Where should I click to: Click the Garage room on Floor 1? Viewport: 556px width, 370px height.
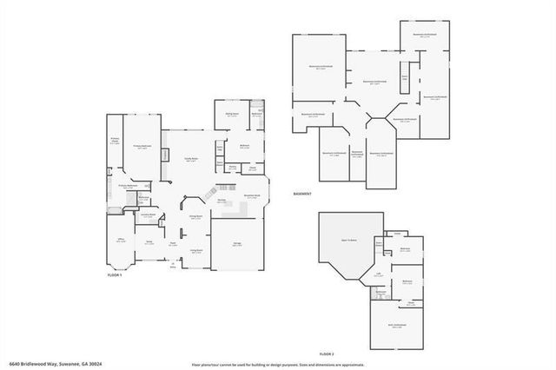pos(237,244)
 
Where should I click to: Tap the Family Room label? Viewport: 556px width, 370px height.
pos(191,160)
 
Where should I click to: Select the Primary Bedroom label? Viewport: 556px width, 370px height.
pos(142,148)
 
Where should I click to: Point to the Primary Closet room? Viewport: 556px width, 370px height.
pos(115,142)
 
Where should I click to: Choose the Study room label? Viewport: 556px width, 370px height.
pos(149,243)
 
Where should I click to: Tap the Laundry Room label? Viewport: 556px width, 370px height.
pos(148,214)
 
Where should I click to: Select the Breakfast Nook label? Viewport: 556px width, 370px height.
pos(252,196)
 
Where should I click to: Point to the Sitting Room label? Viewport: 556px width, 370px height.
pos(233,113)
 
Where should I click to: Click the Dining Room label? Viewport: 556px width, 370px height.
pos(195,217)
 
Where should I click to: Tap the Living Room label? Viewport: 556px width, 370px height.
pos(196,250)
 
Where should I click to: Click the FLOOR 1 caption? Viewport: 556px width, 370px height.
pos(114,274)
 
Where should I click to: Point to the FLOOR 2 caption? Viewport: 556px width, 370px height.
pos(327,354)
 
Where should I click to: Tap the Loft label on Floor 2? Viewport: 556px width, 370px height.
pos(379,275)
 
